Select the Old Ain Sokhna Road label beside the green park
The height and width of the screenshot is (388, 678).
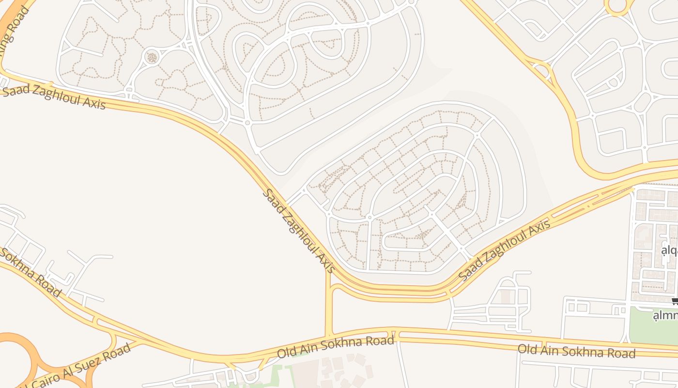click(x=576, y=351)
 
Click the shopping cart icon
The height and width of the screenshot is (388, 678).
click(x=675, y=301)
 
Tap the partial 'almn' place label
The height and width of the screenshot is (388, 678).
click(x=665, y=316)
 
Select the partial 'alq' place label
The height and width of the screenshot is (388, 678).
click(x=669, y=251)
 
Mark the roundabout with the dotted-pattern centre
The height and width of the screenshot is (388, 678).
click(x=152, y=58)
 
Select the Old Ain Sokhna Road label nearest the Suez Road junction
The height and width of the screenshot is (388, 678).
click(x=336, y=347)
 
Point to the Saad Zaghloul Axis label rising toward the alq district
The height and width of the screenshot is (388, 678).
click(x=504, y=250)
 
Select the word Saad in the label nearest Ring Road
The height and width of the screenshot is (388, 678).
click(x=15, y=90)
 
